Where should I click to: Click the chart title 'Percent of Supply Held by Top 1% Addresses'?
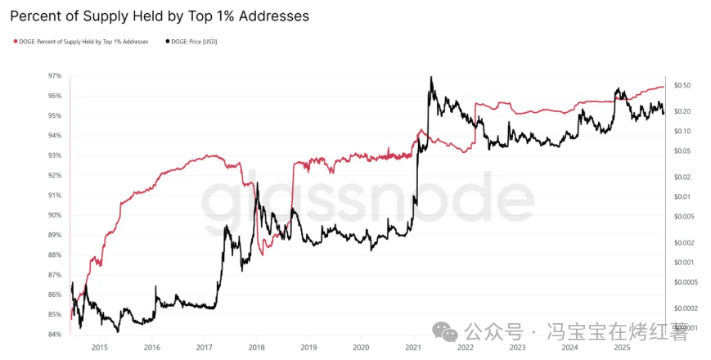(159, 16)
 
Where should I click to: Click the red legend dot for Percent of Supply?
(15, 41)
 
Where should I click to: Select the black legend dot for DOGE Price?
(168, 41)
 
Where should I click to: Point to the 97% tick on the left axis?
(55, 76)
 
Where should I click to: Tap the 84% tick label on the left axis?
(55, 335)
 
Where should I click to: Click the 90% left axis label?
(55, 215)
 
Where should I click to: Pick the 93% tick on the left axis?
(55, 155)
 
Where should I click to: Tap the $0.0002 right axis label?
(684, 308)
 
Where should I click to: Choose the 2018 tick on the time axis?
(256, 347)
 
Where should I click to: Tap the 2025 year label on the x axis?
(623, 347)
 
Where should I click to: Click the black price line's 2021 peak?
(430, 77)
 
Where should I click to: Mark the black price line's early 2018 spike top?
(257, 183)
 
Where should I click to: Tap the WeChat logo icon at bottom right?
(446, 331)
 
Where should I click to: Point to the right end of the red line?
(664, 87)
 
